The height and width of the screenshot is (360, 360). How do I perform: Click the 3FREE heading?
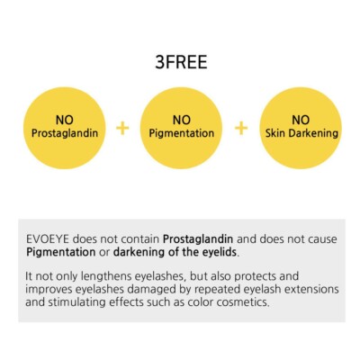pos(181,62)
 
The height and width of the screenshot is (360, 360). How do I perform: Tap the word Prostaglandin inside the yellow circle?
pos(65,133)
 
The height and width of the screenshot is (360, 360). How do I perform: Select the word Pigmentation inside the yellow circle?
pos(182,133)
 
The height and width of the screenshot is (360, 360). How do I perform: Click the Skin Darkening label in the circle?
pos(301,133)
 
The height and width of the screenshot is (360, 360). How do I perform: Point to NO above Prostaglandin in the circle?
pos(65,120)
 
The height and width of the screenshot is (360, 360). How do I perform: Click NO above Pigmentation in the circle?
pos(182,120)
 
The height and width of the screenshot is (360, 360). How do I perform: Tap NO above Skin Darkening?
pos(301,120)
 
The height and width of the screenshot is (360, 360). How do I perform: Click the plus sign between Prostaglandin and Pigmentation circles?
pos(122,129)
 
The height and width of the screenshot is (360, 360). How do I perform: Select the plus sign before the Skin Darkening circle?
pos(241,129)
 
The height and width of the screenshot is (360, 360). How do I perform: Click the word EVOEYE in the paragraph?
pos(48,239)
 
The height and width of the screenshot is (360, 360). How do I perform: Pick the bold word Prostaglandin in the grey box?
pos(198,239)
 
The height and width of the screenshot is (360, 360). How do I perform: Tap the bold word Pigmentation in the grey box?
pos(61,252)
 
